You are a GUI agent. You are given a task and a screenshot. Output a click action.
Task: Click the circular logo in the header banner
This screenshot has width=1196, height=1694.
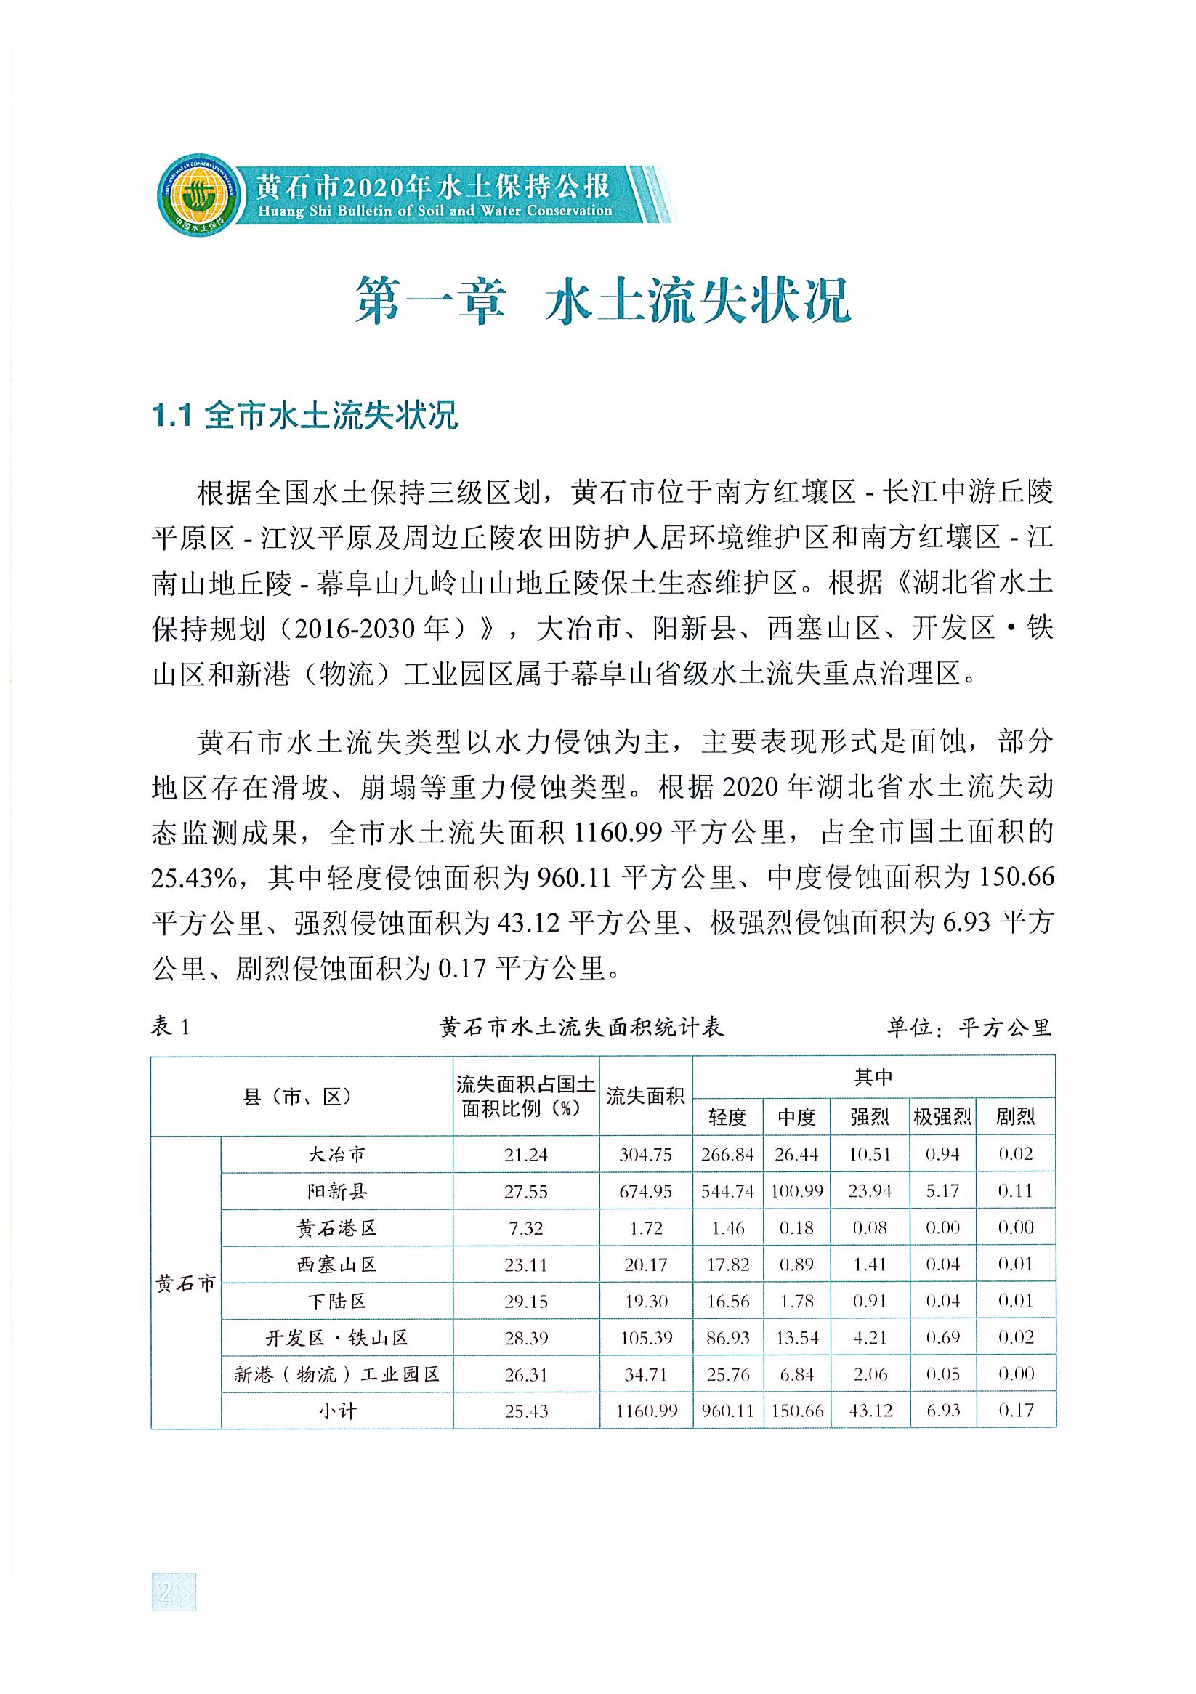click(x=198, y=195)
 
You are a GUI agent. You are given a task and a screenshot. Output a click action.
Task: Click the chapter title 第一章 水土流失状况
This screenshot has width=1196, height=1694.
click(x=602, y=299)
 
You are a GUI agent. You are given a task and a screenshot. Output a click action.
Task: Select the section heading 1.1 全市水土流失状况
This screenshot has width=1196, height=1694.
click(x=304, y=416)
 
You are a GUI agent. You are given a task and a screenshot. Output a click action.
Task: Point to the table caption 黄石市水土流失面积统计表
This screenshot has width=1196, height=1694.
click(x=581, y=1027)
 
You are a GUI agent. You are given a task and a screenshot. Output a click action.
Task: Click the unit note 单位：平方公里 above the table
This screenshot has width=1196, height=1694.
click(x=969, y=1027)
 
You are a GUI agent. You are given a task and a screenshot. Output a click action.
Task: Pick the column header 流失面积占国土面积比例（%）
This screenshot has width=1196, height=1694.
click(x=525, y=1095)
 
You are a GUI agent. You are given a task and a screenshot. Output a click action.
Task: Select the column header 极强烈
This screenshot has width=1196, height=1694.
click(x=942, y=1116)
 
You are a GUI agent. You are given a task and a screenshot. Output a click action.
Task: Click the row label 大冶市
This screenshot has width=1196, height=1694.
click(x=336, y=1154)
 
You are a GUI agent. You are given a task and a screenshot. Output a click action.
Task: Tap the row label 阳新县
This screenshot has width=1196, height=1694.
click(x=336, y=1191)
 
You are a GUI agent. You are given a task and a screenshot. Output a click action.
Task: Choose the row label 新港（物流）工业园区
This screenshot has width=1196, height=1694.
click(x=336, y=1374)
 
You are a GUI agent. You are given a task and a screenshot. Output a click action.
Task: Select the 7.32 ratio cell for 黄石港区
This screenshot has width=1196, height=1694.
click(x=525, y=1227)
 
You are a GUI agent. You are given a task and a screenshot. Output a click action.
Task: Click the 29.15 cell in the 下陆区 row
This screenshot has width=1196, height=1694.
click(x=525, y=1301)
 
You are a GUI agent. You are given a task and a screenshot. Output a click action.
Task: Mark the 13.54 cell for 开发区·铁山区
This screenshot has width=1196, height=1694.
click(x=797, y=1338)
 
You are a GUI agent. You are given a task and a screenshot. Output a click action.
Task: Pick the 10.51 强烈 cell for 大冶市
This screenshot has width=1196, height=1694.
click(x=870, y=1154)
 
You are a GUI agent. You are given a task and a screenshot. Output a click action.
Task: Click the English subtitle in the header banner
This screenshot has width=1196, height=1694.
click(x=434, y=211)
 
